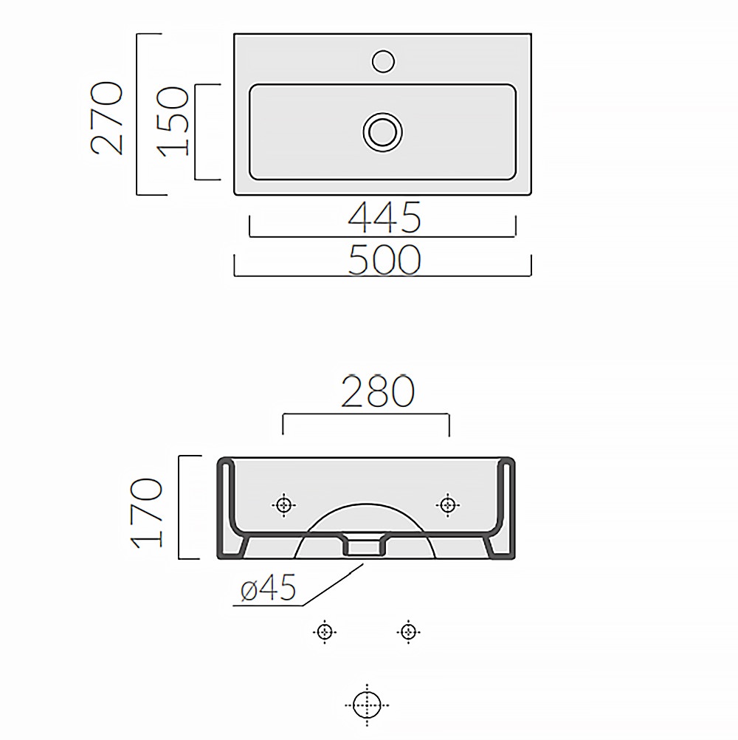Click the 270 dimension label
(x=106, y=118)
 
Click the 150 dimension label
(x=173, y=121)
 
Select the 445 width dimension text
(x=384, y=218)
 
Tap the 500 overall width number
(x=384, y=259)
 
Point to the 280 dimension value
(x=378, y=391)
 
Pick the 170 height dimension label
(x=147, y=513)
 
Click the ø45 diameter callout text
(x=268, y=588)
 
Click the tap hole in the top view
(x=383, y=61)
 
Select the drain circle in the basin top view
(x=382, y=132)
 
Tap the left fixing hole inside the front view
(x=283, y=505)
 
